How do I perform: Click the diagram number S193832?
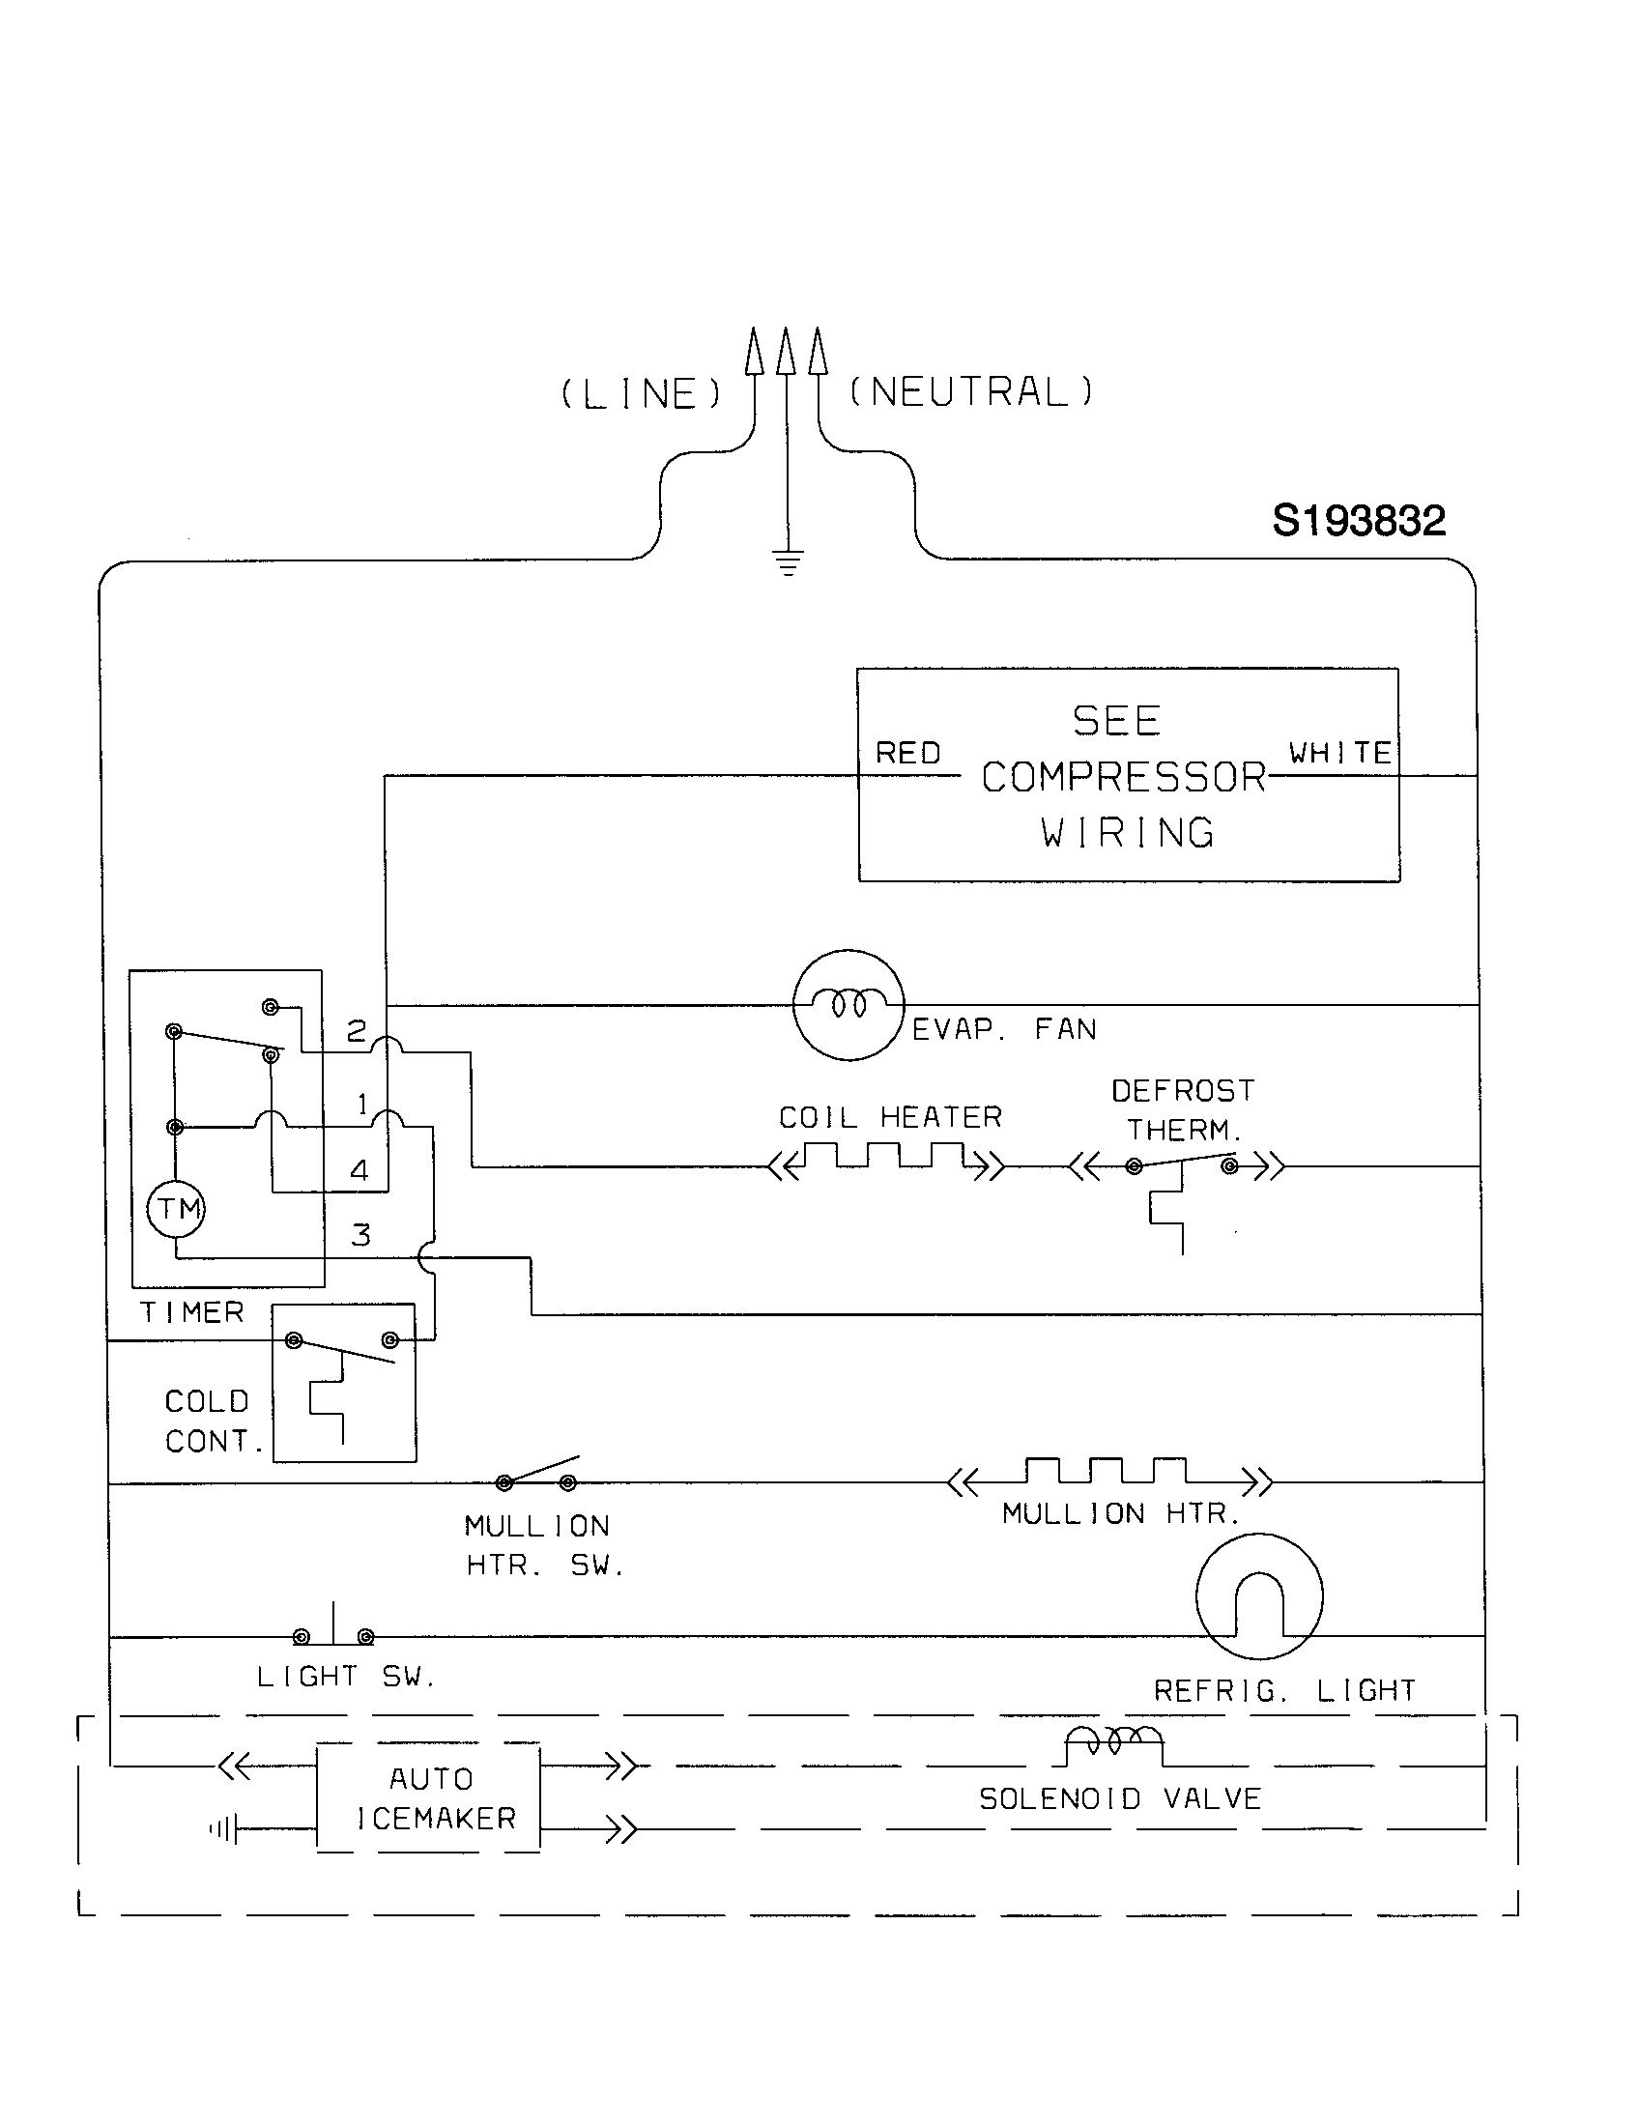(1358, 521)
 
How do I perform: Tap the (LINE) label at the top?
(643, 393)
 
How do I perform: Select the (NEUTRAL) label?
(971, 391)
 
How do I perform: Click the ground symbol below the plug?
(788, 561)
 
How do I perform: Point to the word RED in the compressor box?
(907, 753)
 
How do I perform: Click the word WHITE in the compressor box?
(1339, 753)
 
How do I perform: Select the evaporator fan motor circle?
(848, 1005)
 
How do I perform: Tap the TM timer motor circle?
(177, 1210)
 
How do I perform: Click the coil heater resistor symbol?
(884, 1159)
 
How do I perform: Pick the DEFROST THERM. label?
(1184, 1109)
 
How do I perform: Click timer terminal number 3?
(360, 1235)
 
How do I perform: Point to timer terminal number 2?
(357, 1031)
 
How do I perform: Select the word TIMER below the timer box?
(191, 1312)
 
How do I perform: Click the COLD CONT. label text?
(212, 1421)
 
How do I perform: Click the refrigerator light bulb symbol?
(1258, 1596)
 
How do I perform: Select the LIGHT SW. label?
(346, 1677)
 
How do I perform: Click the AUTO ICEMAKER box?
(428, 1798)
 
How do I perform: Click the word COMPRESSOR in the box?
(1123, 777)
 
